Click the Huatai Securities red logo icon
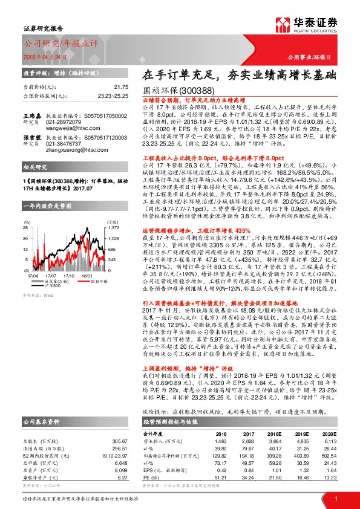tap(285, 25)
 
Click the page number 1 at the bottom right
tap(336, 498)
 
